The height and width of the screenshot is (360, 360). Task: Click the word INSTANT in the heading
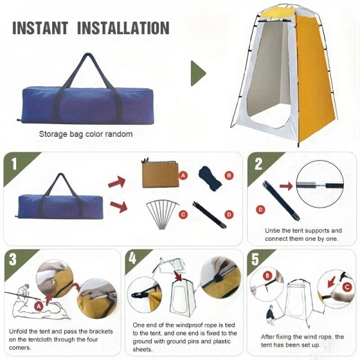coord(40,28)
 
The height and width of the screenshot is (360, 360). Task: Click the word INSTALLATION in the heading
coord(124,28)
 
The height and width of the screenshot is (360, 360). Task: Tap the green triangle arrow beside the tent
coord(198,73)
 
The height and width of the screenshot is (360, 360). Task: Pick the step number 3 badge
coord(13,259)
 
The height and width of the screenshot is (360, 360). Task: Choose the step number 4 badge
coord(133,259)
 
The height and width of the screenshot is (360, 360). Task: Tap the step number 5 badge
coord(256,259)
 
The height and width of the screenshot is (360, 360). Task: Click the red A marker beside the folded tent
coord(183,176)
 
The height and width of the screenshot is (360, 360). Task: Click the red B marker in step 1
coord(229,176)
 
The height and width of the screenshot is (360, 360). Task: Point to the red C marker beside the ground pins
coord(183,215)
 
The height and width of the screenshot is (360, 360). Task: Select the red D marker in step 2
coord(260,209)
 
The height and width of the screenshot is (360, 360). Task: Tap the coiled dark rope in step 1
coord(210,179)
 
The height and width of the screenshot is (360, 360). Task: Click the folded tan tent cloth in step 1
coord(160,173)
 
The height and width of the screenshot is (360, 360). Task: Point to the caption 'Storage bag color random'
coord(86,134)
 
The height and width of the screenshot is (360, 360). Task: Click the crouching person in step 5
coord(271,315)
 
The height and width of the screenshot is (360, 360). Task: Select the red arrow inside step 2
coord(286,186)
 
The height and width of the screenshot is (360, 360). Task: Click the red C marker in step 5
coord(347,287)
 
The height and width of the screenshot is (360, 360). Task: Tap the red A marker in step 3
coord(39,306)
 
